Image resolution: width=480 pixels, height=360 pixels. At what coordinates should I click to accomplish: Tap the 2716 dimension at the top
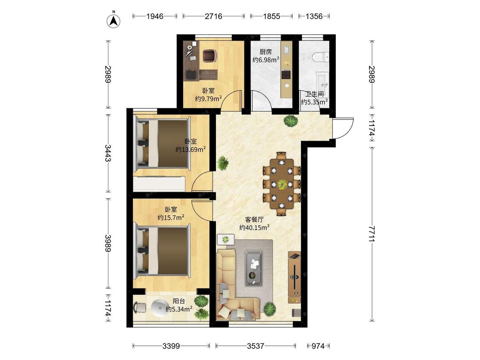[x=213, y=16]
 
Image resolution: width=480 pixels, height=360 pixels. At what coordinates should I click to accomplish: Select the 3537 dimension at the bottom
[x=256, y=346]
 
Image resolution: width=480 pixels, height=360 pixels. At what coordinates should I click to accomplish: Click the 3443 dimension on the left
[x=108, y=153]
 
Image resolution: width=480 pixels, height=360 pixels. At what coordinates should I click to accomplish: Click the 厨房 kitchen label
[x=265, y=52]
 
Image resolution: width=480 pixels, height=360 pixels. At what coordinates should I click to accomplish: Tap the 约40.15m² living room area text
[x=254, y=227]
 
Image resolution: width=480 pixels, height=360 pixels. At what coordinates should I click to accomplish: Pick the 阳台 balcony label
[x=179, y=302]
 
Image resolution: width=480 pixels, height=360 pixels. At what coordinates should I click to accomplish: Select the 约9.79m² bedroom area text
[x=209, y=99]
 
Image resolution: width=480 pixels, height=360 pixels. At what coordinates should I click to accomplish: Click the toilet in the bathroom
[x=320, y=57]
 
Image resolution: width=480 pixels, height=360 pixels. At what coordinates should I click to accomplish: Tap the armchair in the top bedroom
[x=210, y=56]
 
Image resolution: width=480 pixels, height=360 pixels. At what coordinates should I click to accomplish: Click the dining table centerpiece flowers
[x=282, y=184]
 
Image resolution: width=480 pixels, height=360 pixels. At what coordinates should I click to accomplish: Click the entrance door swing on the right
[x=343, y=128]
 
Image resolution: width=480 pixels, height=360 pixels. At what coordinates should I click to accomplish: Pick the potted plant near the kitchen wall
[x=291, y=121]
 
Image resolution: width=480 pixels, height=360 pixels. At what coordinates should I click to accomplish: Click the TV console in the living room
[x=294, y=277]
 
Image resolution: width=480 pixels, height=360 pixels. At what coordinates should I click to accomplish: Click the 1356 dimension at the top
[x=314, y=16]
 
